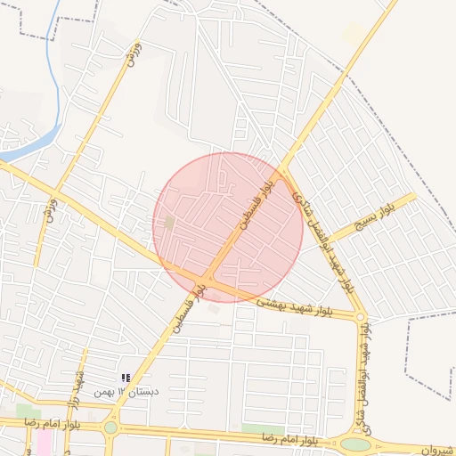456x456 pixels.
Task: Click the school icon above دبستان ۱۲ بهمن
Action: coord(126,379)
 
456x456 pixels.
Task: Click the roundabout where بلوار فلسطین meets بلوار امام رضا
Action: coord(110,427)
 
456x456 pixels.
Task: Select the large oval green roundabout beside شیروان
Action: coord(355,444)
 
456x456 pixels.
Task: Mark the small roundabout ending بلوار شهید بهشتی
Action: coord(360,316)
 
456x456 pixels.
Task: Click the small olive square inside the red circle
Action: coord(169,222)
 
